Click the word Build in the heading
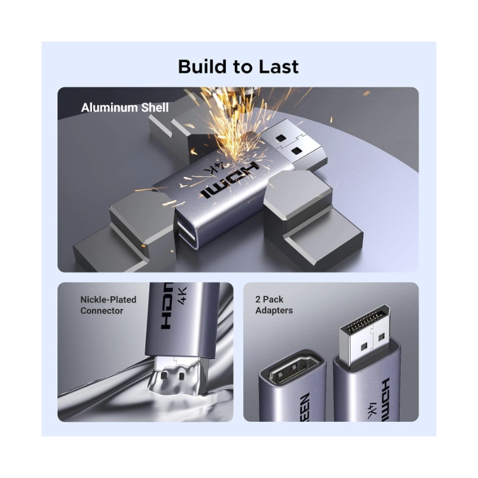(x=203, y=66)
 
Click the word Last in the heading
(x=278, y=66)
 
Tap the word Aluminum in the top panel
(x=109, y=108)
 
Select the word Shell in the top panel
(x=155, y=108)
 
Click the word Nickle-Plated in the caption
(x=108, y=300)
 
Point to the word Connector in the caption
(x=102, y=311)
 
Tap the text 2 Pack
(x=269, y=299)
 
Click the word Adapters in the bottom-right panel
(x=274, y=310)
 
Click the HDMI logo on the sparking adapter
(x=230, y=180)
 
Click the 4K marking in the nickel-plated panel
(x=182, y=295)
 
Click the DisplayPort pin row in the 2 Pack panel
(x=366, y=321)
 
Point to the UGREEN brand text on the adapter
(x=305, y=407)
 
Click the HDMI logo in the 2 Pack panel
(x=386, y=400)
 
